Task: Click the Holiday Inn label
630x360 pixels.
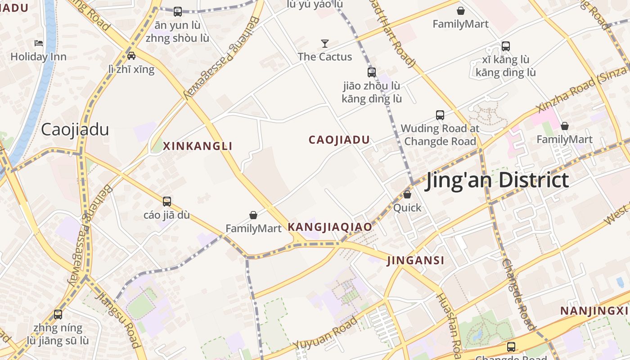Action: tap(38, 57)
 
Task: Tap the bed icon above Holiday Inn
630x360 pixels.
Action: tap(39, 43)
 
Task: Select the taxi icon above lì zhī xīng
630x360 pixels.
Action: tap(131, 56)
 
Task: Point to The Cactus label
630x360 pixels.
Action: tap(325, 57)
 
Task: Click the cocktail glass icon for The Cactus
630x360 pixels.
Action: tap(325, 43)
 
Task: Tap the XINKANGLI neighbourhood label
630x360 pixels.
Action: tap(198, 146)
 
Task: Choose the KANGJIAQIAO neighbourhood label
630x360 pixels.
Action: tap(330, 227)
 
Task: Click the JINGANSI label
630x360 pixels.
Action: tap(415, 260)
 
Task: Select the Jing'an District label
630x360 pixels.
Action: tap(497, 180)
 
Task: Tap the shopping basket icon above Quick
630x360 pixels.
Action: tap(407, 194)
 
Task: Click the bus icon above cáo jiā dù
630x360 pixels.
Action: tap(167, 201)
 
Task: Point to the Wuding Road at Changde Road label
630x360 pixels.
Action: tap(440, 135)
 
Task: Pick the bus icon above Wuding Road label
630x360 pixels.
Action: tap(440, 115)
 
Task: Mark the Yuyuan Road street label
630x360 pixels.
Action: tap(326, 333)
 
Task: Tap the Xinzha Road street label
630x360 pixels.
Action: tap(580, 96)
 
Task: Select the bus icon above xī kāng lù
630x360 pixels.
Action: tap(506, 46)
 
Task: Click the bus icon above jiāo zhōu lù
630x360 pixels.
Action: tap(372, 72)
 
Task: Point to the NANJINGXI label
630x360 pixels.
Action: tap(594, 310)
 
